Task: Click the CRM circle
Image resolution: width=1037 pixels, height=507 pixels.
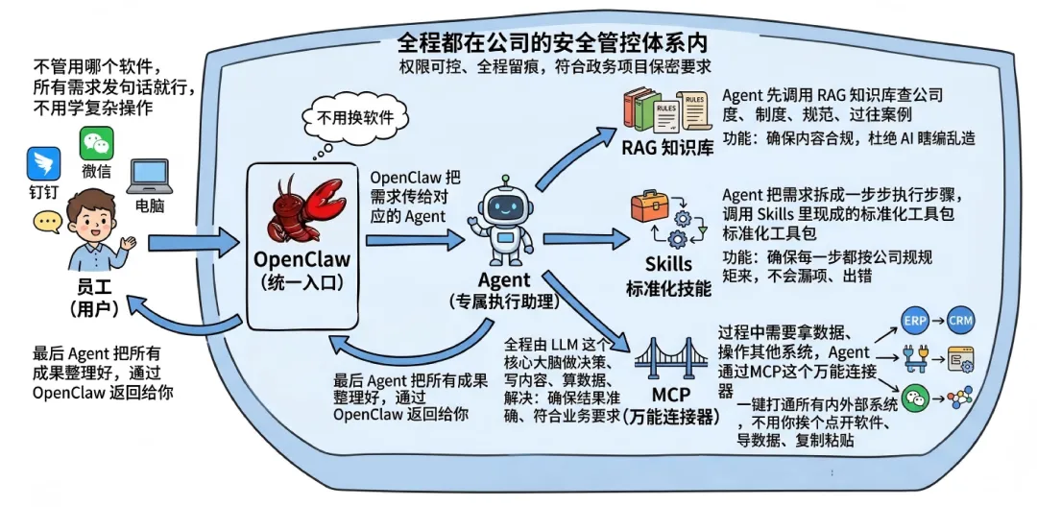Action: (961, 321)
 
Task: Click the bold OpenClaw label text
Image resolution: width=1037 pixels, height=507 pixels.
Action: (301, 260)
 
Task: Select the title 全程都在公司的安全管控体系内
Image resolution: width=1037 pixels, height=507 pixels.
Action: (552, 44)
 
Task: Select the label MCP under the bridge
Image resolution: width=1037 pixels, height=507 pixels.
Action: (671, 397)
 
